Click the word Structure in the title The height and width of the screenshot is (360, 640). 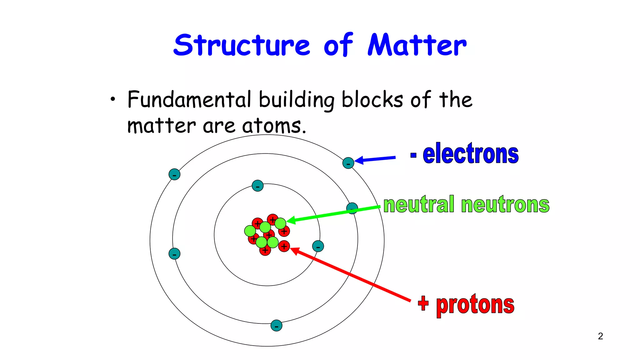[x=242, y=45]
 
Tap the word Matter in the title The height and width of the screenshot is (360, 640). [x=417, y=45]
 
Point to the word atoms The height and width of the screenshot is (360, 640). [x=274, y=126]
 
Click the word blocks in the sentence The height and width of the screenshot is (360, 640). [x=372, y=100]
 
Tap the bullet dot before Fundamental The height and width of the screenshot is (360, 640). [x=113, y=100]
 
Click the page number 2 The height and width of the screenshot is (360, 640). [x=600, y=336]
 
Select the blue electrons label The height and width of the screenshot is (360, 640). [x=471, y=154]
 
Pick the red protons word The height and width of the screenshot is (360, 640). [x=475, y=305]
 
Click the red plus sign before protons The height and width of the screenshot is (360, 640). [x=423, y=303]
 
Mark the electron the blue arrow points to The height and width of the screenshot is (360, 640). [x=348, y=163]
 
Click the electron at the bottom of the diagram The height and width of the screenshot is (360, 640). [x=276, y=326]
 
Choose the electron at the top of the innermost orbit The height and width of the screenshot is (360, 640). [x=257, y=186]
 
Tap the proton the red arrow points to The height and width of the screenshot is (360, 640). [x=284, y=246]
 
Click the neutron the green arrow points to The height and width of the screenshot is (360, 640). [x=280, y=223]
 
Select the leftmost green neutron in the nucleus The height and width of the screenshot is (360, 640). [x=250, y=231]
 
